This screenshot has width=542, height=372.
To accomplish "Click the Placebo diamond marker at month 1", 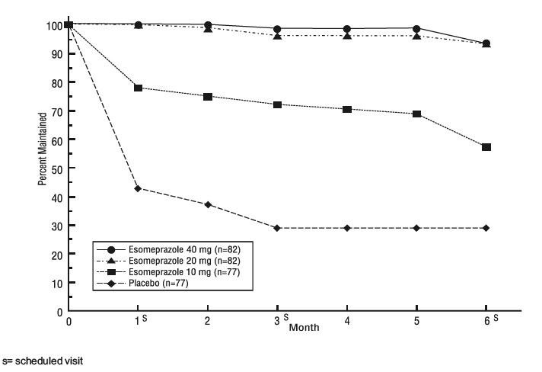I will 138,188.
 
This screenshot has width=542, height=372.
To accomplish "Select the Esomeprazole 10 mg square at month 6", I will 486,146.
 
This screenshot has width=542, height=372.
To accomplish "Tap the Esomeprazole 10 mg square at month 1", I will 138,88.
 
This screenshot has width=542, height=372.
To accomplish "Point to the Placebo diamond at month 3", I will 277,228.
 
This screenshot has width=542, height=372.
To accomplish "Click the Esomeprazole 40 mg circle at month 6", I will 486,43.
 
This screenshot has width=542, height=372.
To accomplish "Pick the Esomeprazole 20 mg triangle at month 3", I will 277,36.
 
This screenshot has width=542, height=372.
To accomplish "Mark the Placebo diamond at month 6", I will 486,228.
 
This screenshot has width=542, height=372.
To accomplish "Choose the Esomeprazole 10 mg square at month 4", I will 346,109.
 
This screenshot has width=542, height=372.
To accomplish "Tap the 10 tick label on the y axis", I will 57,283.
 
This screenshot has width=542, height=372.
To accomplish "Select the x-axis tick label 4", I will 346,321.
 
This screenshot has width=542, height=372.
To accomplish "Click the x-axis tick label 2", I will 208,321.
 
